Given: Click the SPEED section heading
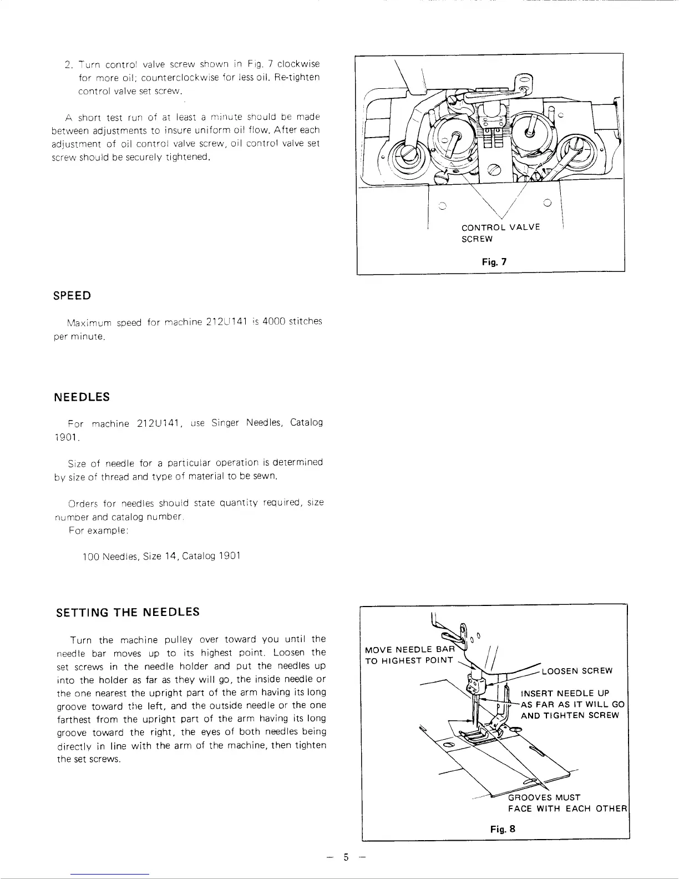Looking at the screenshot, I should [x=72, y=296].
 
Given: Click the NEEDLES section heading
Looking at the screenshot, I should [x=82, y=397].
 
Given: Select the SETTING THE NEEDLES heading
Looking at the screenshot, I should [x=128, y=613].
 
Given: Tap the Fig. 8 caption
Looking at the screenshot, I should [x=503, y=829].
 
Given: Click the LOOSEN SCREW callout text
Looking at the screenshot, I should [x=577, y=671].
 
